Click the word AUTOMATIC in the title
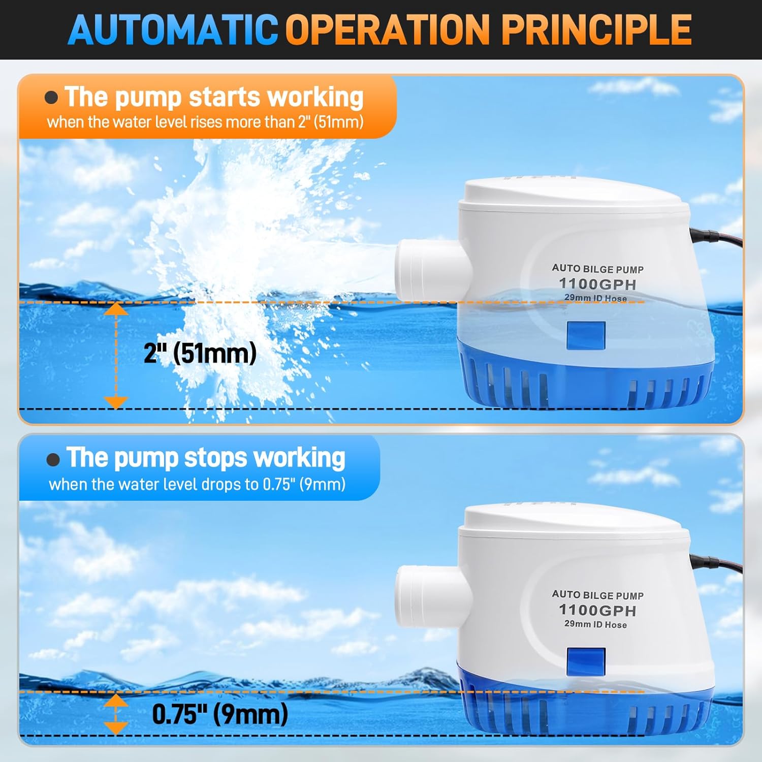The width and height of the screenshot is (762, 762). [173, 29]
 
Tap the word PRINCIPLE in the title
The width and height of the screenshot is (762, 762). [597, 29]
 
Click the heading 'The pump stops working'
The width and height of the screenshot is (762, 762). [206, 458]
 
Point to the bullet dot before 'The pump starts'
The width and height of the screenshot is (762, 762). [51, 97]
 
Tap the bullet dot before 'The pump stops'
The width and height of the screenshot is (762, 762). [53, 459]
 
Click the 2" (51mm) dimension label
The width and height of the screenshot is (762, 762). [200, 353]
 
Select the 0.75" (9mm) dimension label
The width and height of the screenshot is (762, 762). [220, 714]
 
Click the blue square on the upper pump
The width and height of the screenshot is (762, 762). [586, 335]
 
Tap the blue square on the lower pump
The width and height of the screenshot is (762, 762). [586, 661]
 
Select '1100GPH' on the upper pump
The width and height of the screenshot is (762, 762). [597, 284]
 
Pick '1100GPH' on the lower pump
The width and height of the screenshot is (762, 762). [597, 610]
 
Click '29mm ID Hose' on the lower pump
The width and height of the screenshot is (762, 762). [595, 624]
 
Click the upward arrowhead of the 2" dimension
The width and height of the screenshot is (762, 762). [116, 308]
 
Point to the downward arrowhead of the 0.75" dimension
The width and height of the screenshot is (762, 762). [116, 728]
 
